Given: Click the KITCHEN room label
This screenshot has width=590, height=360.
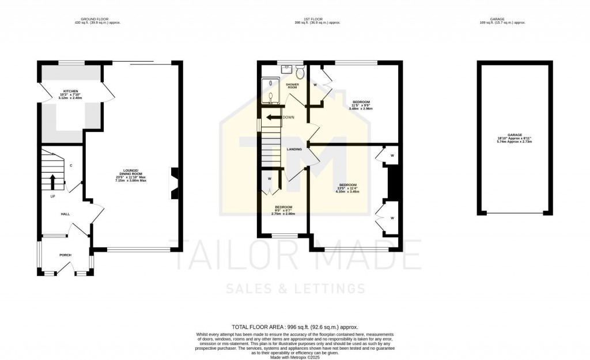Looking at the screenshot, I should [x=71, y=91].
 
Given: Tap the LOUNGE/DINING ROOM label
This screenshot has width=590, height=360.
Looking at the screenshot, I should [x=131, y=170].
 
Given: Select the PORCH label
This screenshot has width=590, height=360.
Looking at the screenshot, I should [x=65, y=255].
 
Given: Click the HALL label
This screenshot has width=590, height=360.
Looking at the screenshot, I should [x=66, y=214].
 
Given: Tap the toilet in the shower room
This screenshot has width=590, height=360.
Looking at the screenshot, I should [x=300, y=72].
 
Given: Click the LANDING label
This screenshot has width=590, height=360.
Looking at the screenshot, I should [x=294, y=149].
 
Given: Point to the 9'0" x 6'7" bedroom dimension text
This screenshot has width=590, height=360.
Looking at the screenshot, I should [x=283, y=212].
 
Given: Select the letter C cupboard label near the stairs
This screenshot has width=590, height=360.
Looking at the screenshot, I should [x=71, y=166].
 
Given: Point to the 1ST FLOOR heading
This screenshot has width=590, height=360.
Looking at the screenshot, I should [x=317, y=19].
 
